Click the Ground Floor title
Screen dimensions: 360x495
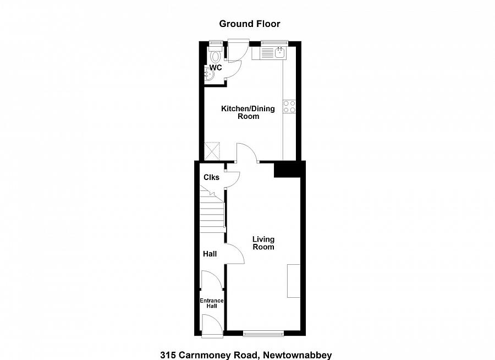pos(250,24)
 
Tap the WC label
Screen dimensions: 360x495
pos(216,68)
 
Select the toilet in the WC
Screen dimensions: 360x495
pos(215,55)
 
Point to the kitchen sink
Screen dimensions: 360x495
pos(279,53)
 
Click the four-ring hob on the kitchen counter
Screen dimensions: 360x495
pos(289,106)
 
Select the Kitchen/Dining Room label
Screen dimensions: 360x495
pos(248,112)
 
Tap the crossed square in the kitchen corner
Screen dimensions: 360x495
pos(212,151)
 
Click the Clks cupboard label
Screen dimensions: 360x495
pos(211,177)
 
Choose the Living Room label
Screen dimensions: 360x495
pos(263,243)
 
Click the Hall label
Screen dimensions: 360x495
pos(210,254)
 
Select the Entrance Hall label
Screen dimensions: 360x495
pos(211,303)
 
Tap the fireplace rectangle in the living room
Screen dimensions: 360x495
pos(293,281)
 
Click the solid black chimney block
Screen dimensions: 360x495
pos(288,169)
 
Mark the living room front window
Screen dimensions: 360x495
pos(263,332)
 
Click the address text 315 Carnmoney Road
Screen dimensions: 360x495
pos(246,355)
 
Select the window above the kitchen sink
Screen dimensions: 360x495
pos(274,42)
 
